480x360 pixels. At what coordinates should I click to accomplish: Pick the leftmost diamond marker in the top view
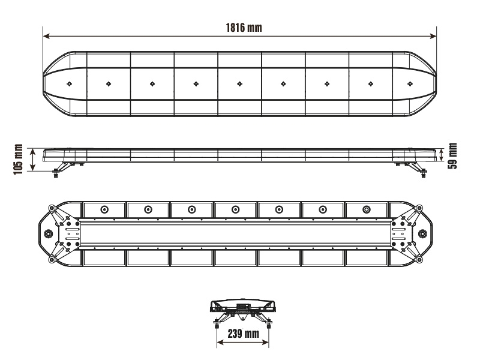70,83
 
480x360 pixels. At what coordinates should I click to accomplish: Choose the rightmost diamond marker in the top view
410,83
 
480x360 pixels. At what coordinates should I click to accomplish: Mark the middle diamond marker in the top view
240,83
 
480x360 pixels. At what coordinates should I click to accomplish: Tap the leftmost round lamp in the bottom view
104,209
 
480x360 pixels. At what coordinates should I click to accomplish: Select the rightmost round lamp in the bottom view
367,209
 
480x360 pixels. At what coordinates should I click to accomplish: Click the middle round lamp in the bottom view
235,209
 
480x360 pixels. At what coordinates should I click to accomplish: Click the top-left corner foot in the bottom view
52,208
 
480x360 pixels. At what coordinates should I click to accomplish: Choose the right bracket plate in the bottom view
398,233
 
